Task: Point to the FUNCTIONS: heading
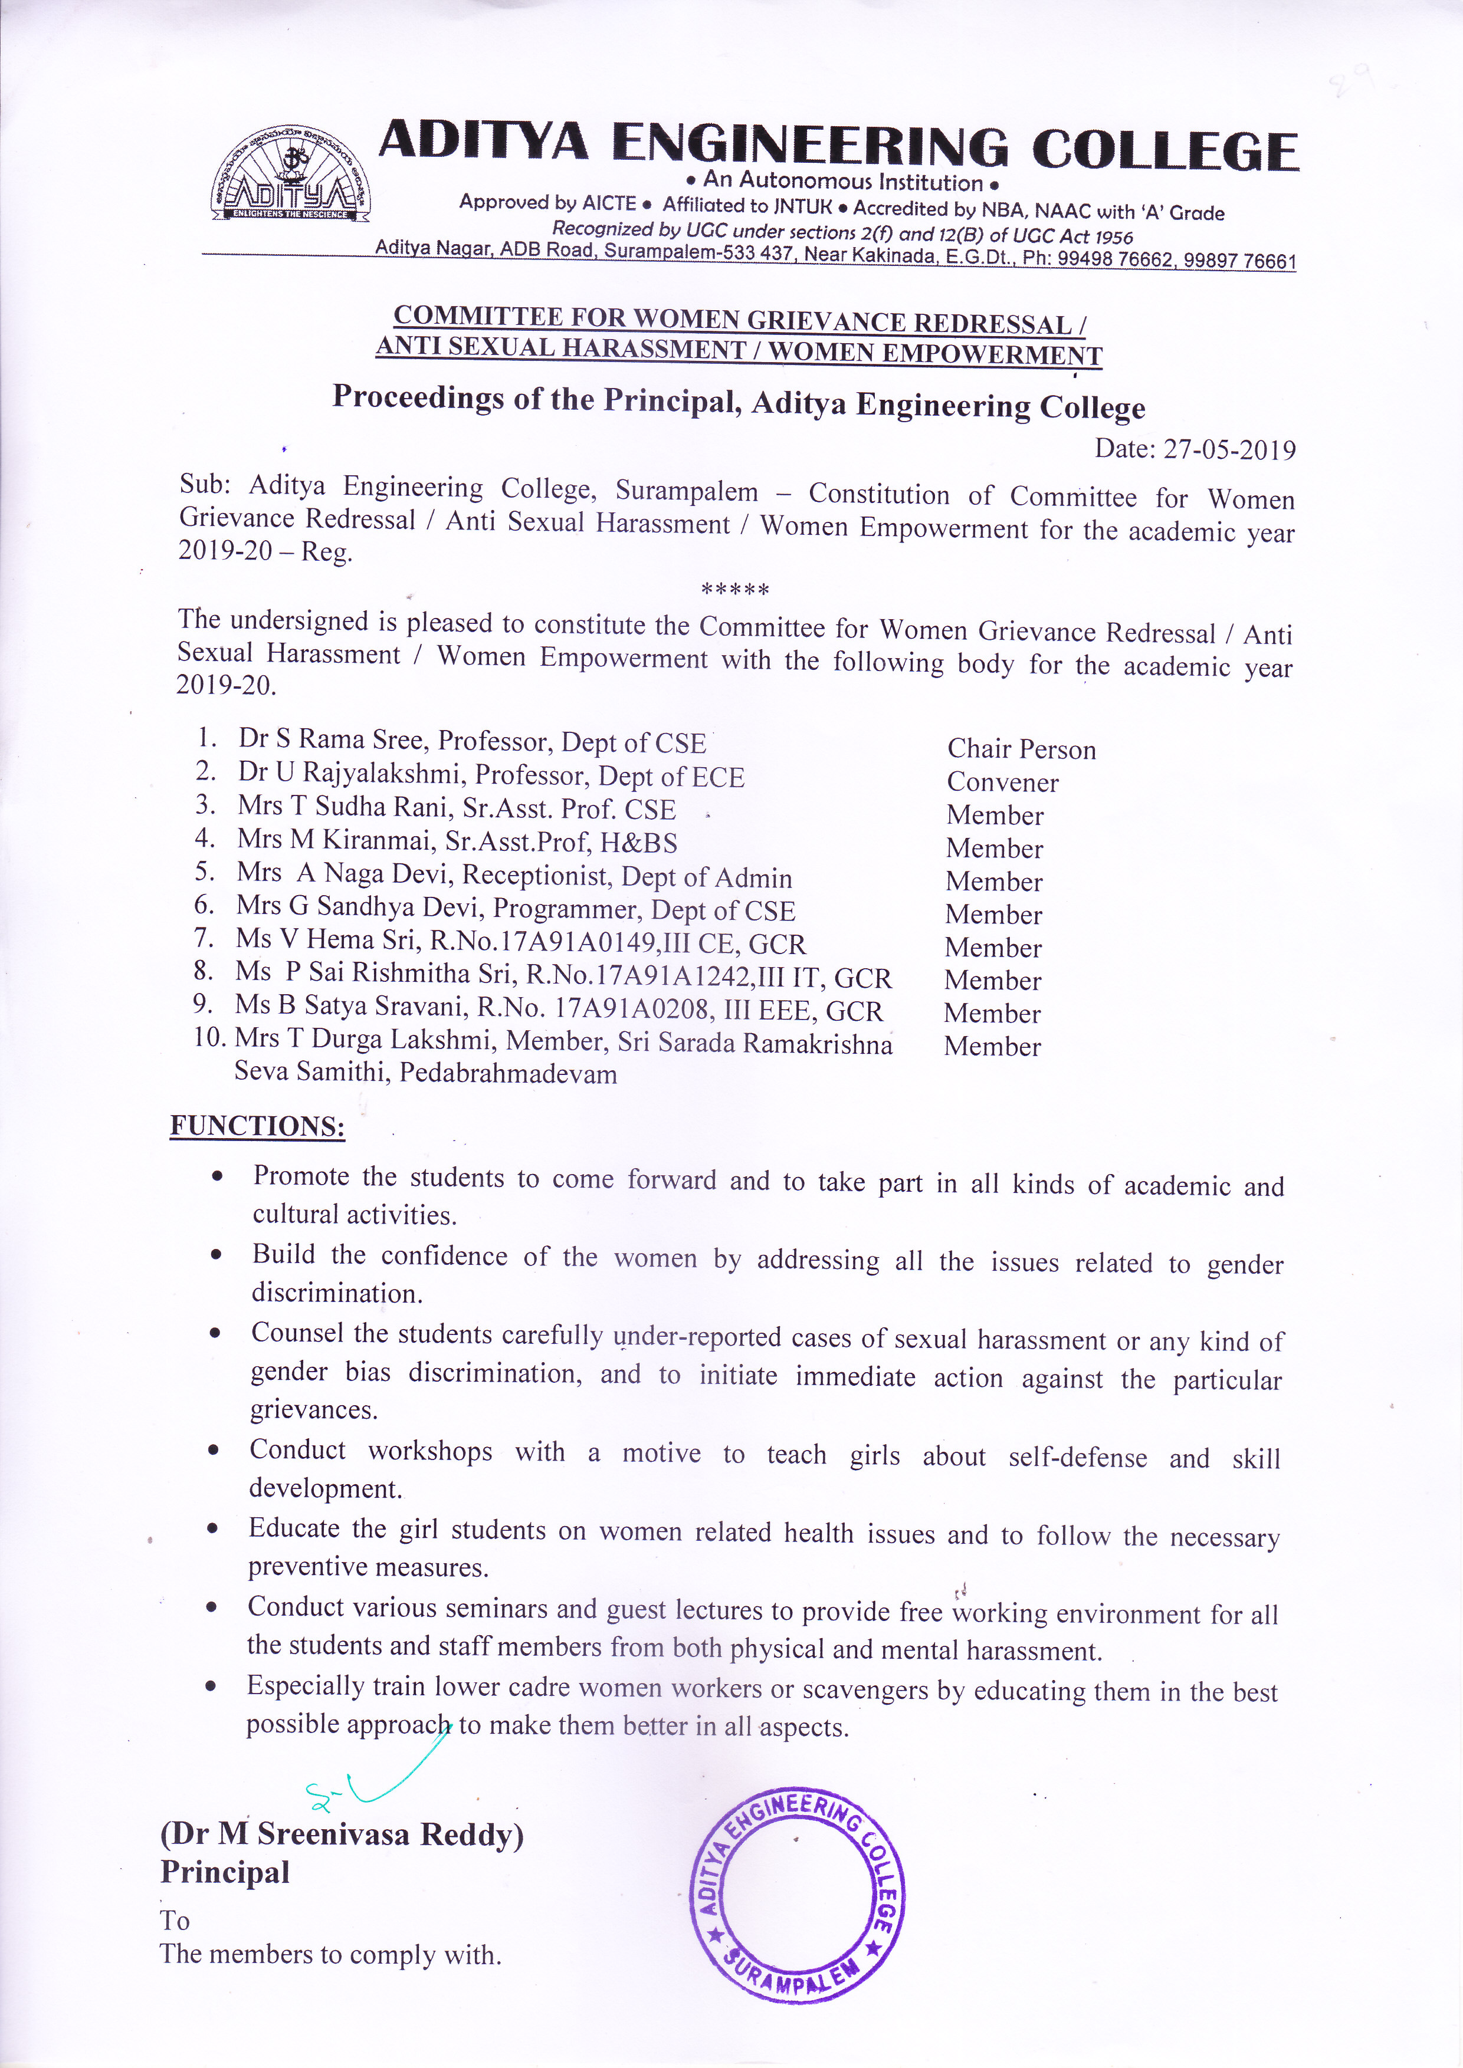point(258,1126)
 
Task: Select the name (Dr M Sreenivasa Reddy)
point(342,1834)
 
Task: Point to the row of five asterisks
point(734,590)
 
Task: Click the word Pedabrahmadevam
point(508,1074)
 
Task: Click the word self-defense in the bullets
point(1077,1457)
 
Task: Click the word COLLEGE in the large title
point(1164,150)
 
